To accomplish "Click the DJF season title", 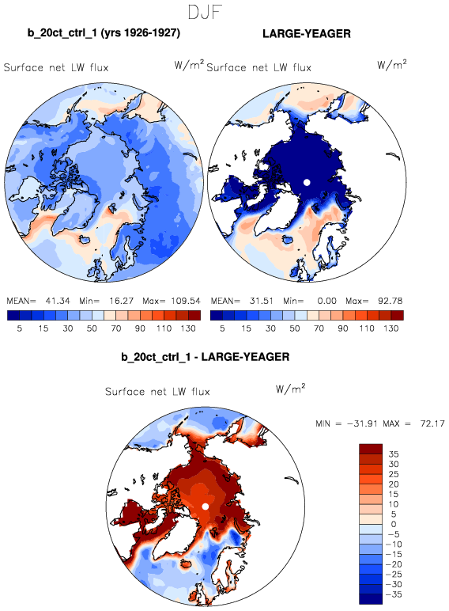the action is [x=205, y=12].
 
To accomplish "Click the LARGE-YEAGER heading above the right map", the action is [x=307, y=34].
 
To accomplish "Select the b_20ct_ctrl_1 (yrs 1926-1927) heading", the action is [x=104, y=33].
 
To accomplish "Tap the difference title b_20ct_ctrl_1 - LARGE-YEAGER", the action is [x=205, y=357].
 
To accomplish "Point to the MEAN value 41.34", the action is [x=58, y=301].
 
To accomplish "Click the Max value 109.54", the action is [x=186, y=301].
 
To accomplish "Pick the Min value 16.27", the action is [x=122, y=301].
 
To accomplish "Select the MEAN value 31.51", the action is [x=261, y=301].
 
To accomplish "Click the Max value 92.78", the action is [x=391, y=301].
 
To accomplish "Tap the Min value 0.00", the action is [x=326, y=301].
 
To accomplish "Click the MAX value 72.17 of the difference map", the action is [x=432, y=423].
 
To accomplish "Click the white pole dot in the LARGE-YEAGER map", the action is [x=307, y=182].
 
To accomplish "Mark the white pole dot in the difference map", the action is [x=206, y=507].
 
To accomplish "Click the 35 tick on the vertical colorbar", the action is [x=394, y=454].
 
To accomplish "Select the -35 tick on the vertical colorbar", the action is [x=394, y=594].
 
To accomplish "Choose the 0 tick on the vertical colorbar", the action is [x=394, y=524].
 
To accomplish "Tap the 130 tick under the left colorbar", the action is [x=188, y=328].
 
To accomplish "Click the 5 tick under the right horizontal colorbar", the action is [x=222, y=328].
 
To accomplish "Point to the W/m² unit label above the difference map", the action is [x=290, y=389].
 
